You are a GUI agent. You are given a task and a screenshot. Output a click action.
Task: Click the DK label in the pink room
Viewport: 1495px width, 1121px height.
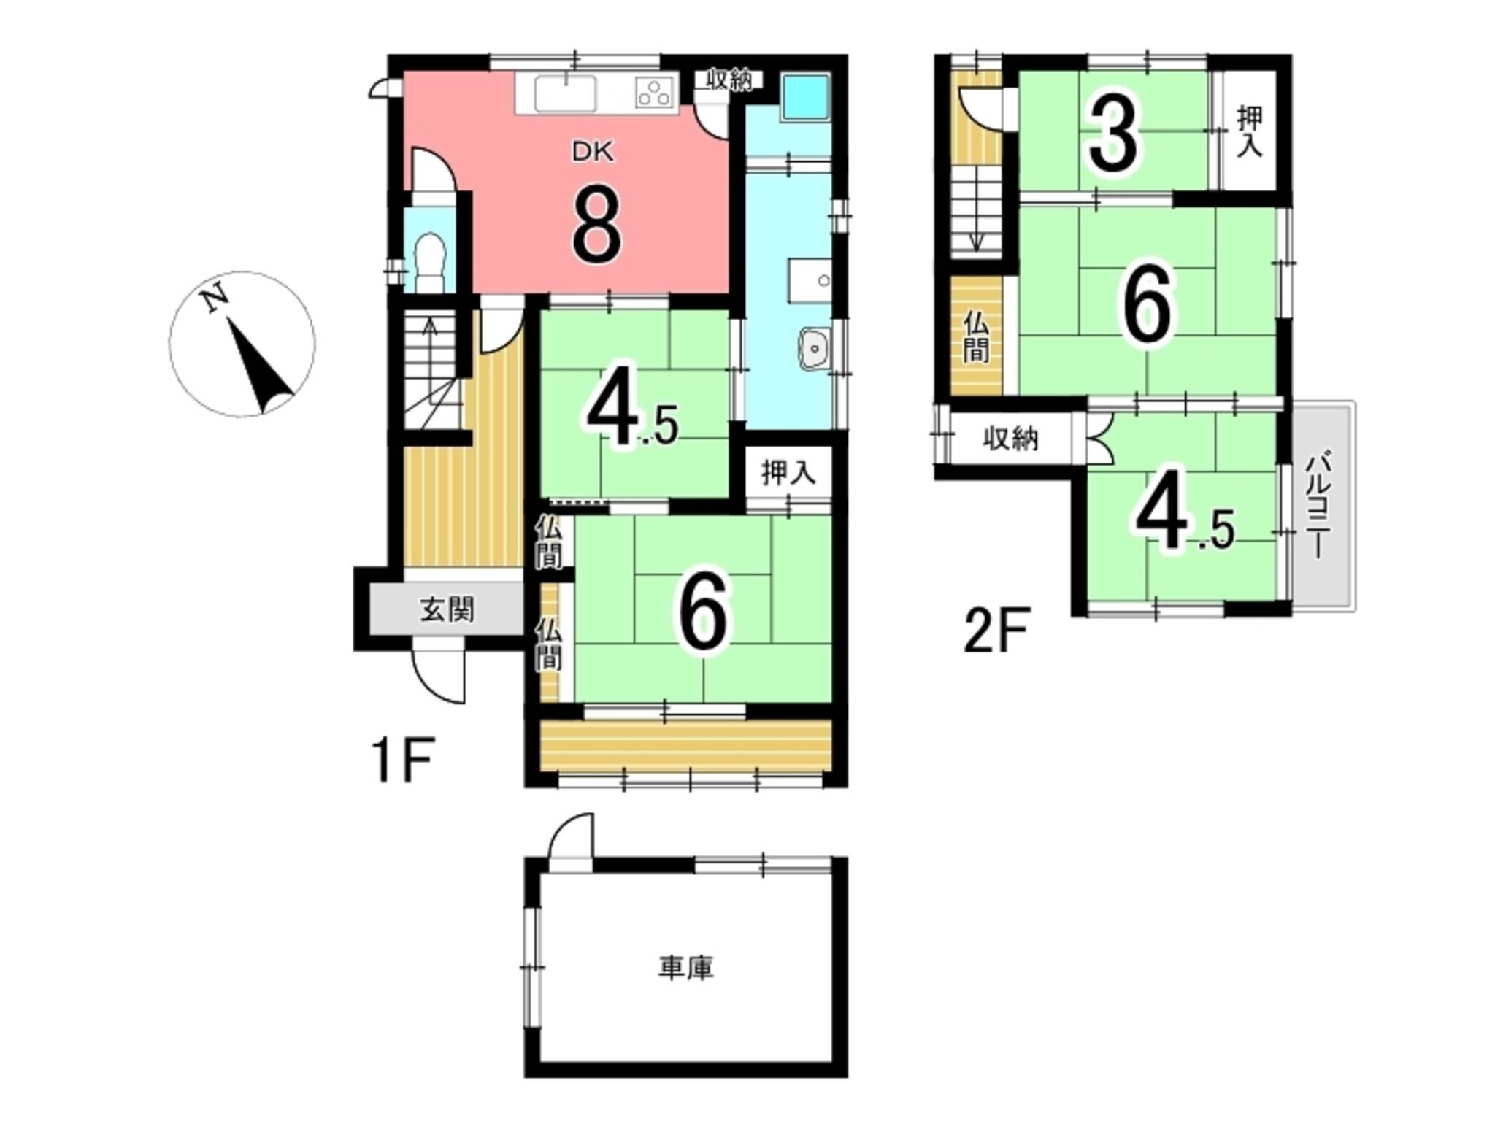[593, 152]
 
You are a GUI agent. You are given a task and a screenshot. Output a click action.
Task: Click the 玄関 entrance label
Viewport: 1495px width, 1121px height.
[447, 609]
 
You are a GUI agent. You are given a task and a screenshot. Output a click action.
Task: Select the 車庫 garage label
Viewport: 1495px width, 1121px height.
[685, 968]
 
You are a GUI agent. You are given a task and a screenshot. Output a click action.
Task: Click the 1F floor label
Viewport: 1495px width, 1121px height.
[404, 759]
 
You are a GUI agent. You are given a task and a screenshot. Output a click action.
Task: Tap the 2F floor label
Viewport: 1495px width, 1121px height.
[996, 631]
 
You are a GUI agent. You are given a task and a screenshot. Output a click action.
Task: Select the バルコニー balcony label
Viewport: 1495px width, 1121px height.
[1317, 506]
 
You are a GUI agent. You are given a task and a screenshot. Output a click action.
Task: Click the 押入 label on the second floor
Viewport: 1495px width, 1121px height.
[1249, 131]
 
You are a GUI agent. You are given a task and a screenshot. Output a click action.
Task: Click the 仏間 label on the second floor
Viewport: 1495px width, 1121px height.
[975, 337]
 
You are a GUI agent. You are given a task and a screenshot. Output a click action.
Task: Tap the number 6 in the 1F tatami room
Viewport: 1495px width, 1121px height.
[704, 609]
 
